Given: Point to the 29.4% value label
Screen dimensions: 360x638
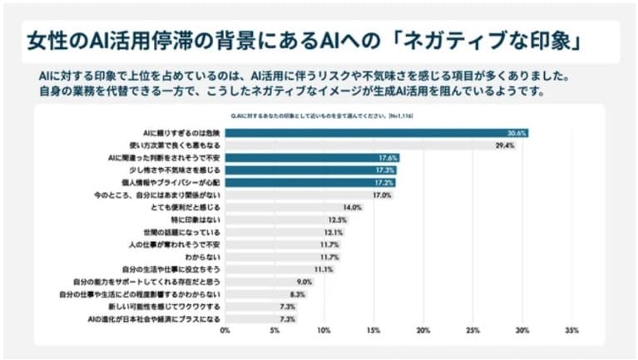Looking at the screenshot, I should [x=504, y=145].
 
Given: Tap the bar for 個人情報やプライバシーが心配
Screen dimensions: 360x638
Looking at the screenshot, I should [x=309, y=182].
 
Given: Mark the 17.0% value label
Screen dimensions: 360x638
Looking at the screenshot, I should [x=382, y=195].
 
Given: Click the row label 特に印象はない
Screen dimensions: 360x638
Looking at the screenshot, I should [x=200, y=219].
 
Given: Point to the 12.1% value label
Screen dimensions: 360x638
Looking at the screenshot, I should [x=334, y=232].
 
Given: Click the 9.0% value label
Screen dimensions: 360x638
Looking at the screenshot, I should [x=304, y=281].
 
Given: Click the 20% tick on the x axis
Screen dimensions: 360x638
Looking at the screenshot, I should [x=423, y=330].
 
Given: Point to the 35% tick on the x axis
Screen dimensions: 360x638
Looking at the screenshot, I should [x=571, y=330].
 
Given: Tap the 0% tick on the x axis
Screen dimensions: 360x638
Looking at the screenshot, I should [x=225, y=330].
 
